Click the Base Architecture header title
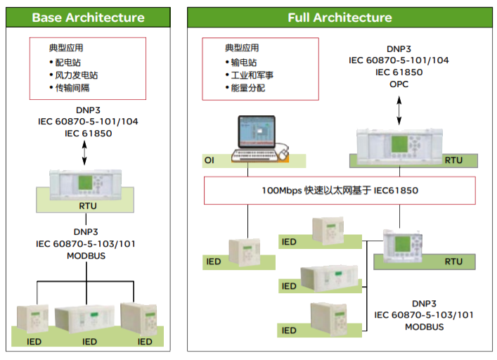88,18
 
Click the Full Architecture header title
340,18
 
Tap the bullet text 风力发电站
77,75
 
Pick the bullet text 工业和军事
252,75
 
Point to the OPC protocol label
399,84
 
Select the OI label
209,161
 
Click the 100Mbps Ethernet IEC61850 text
340,191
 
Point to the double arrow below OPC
399,108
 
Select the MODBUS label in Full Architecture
424,327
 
